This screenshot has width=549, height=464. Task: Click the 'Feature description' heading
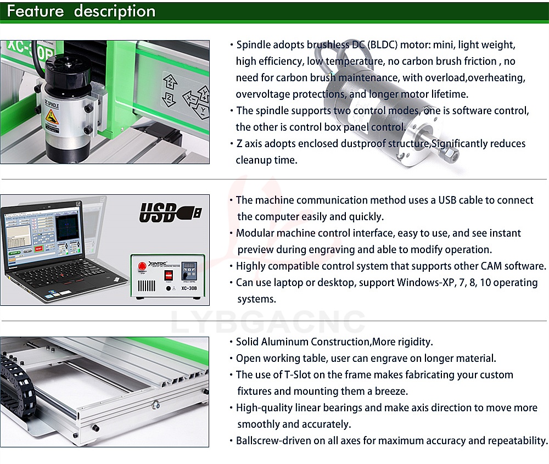click(x=81, y=11)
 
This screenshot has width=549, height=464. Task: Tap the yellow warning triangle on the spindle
click(x=52, y=115)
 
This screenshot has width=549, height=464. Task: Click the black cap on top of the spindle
click(x=66, y=70)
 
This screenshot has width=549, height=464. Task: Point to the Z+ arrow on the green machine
click(x=171, y=82)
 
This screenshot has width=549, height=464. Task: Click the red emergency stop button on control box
click(x=142, y=266)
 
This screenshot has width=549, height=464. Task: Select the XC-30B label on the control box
click(x=189, y=288)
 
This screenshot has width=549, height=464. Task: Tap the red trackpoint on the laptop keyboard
click(x=63, y=275)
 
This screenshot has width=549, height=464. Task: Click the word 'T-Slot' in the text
click(x=297, y=374)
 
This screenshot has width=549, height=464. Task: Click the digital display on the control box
click(x=189, y=266)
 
